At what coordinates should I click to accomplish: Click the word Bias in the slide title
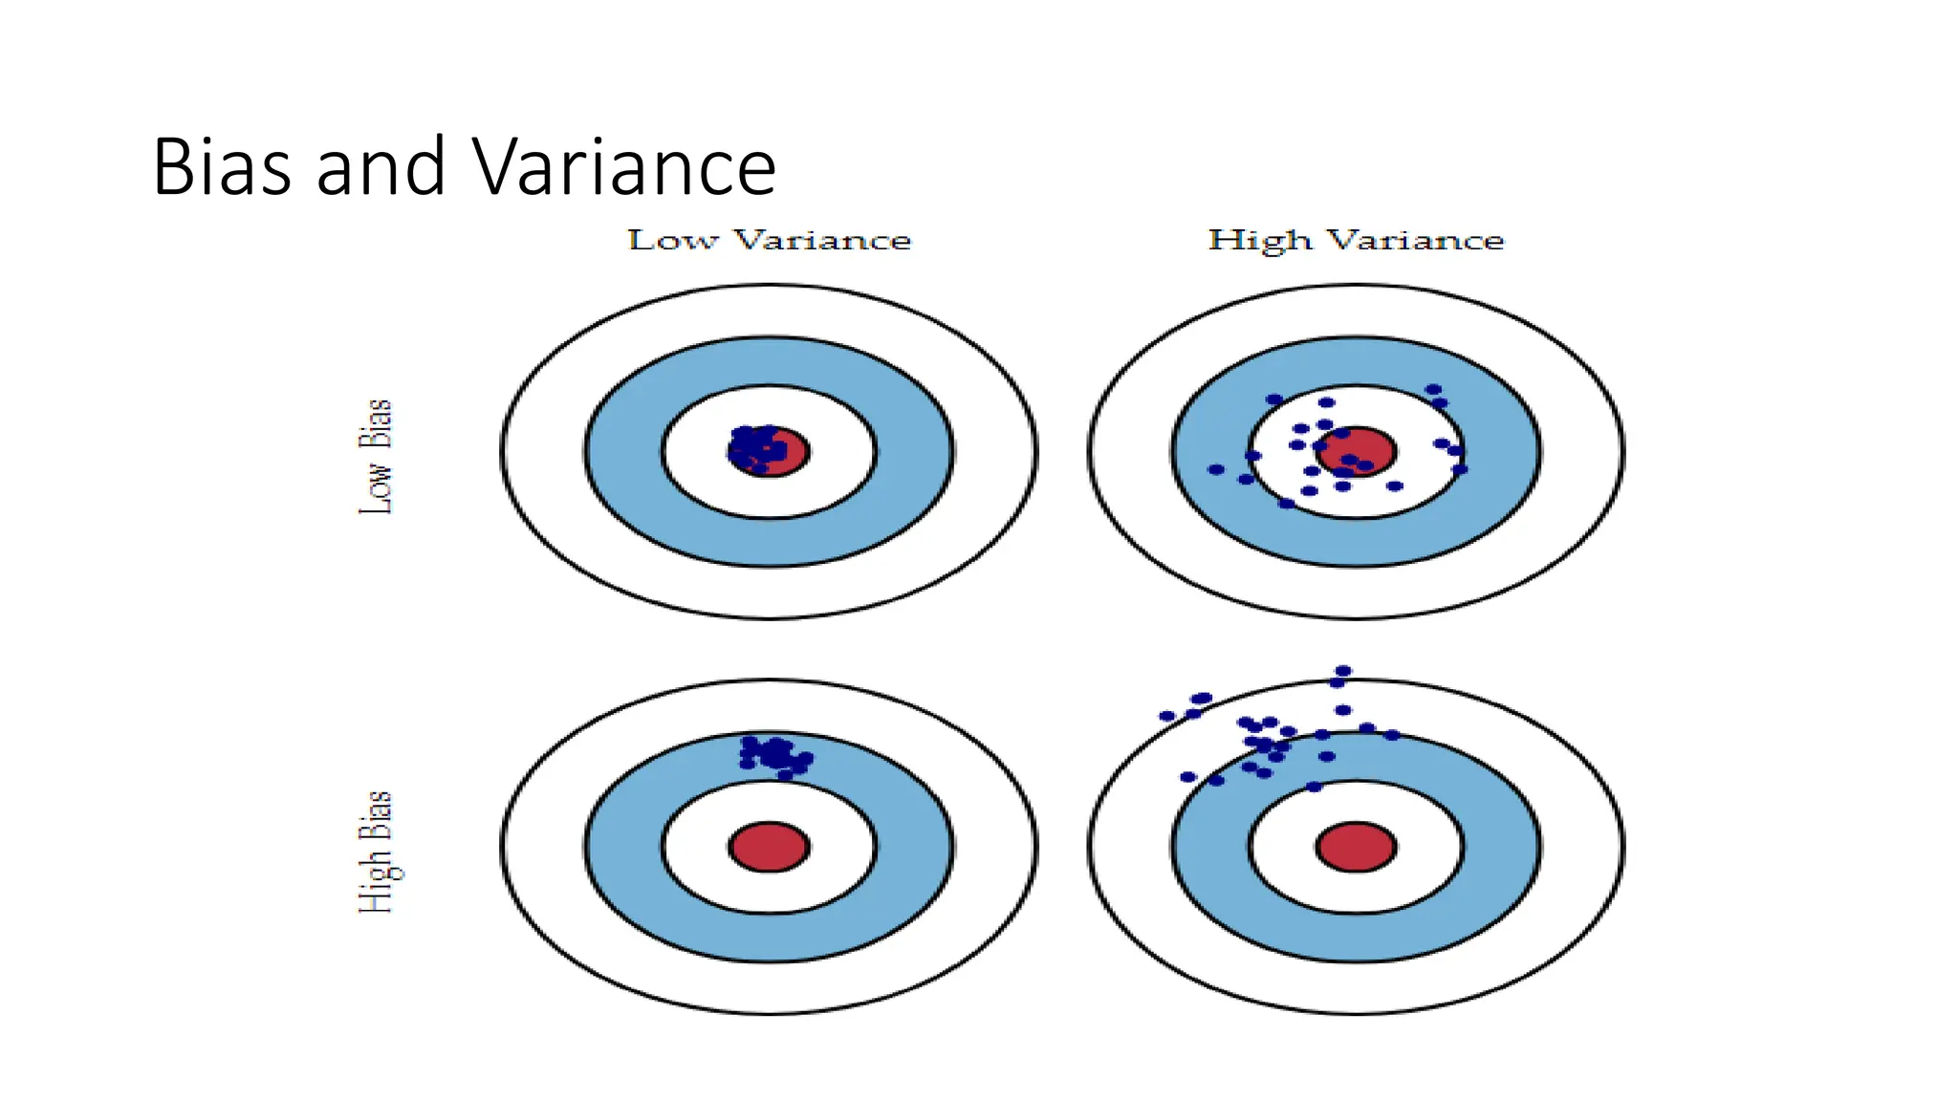point(222,167)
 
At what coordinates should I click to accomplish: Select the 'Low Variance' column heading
point(769,240)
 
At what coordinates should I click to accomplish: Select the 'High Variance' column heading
point(1356,240)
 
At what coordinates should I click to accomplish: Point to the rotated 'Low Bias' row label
point(376,457)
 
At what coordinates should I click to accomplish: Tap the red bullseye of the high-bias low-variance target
point(769,847)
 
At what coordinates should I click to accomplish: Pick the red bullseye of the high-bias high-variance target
point(1356,847)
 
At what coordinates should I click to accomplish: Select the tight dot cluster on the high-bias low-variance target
point(775,755)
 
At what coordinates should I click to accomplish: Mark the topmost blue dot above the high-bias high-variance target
point(1343,671)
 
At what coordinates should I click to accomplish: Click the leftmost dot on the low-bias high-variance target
point(1216,469)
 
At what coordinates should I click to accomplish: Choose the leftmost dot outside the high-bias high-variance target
point(1166,716)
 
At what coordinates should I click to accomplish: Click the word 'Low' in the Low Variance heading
point(672,240)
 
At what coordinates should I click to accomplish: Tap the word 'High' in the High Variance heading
point(1260,240)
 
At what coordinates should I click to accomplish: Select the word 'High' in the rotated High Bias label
point(378,880)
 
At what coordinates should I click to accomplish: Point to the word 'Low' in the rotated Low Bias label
point(376,488)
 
